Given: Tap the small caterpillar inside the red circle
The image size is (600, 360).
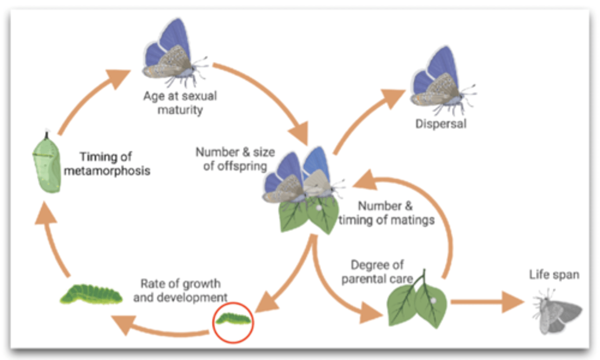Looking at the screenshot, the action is tap(233, 319).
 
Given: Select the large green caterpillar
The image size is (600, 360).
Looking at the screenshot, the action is tap(91, 294).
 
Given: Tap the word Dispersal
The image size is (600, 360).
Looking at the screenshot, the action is tap(441, 124).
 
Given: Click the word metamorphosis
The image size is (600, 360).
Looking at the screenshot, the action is tap(107, 171).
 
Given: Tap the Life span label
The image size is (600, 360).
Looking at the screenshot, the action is tap(554, 275).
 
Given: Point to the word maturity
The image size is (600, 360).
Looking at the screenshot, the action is tap(180, 110).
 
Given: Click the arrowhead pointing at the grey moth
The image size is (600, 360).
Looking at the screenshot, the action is tap(513, 302).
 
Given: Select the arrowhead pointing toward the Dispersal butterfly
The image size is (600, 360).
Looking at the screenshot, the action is tap(392, 98).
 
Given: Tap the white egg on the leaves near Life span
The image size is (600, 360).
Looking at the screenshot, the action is tap(433, 301).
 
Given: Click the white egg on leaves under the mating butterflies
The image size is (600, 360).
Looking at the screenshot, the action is tap(319, 207).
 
